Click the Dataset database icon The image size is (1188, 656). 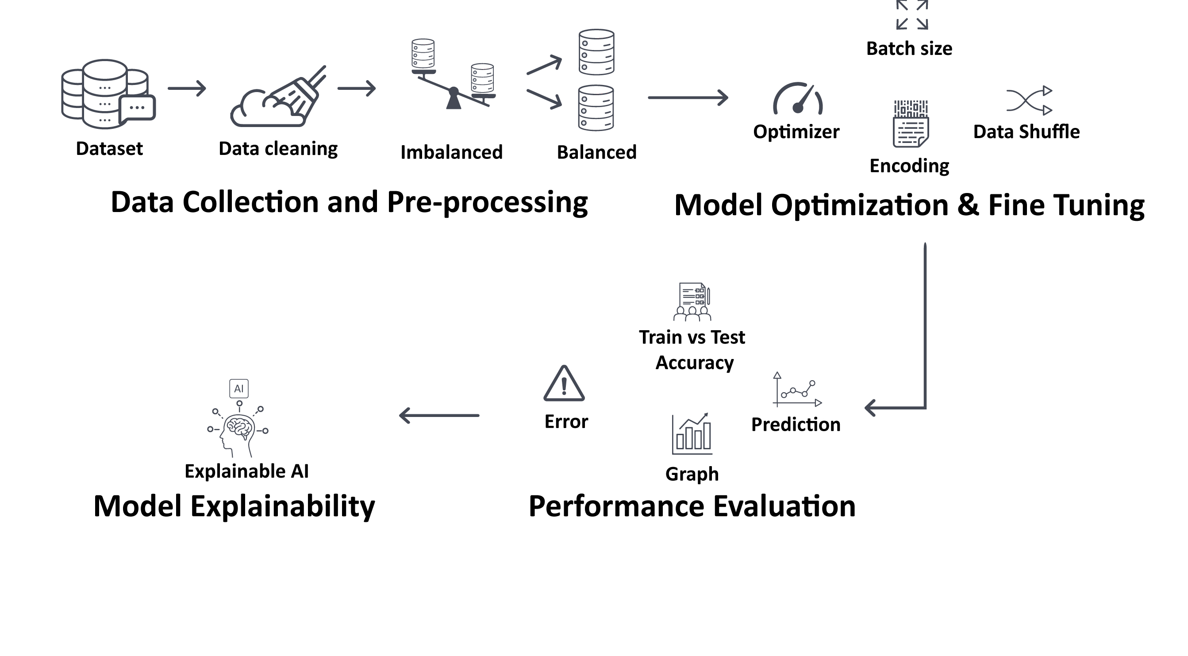pyautogui.click(x=107, y=94)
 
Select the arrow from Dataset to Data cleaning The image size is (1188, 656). pyautogui.click(x=187, y=88)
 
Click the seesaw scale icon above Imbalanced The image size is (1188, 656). pyautogui.click(x=454, y=76)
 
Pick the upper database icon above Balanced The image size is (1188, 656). pyautogui.click(x=596, y=52)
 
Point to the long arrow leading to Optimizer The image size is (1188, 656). pyautogui.click(x=687, y=98)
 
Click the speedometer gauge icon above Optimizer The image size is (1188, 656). pyautogui.click(x=798, y=99)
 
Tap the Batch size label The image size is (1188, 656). pyautogui.click(x=909, y=48)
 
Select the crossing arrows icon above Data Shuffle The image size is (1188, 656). pyautogui.click(x=1029, y=100)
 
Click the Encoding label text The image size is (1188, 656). pyautogui.click(x=909, y=166)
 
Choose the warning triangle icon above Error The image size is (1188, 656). pyautogui.click(x=564, y=384)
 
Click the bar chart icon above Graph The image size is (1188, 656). pyautogui.click(x=692, y=434)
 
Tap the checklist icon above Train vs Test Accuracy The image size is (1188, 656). pyautogui.click(x=692, y=302)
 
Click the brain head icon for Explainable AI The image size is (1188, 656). pyautogui.click(x=238, y=431)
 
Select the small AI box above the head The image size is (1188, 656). pyautogui.click(x=239, y=389)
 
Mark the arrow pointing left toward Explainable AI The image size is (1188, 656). pyautogui.click(x=438, y=416)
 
